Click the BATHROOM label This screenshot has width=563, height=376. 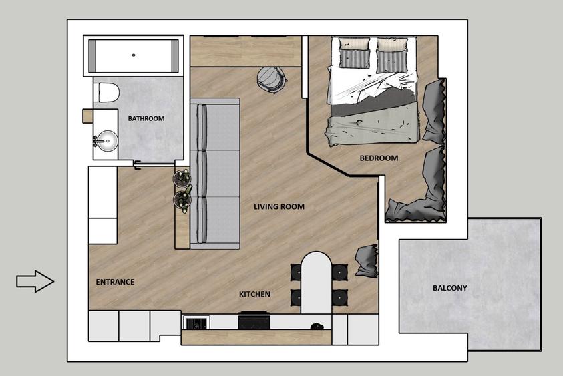(146, 118)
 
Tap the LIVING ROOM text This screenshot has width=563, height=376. (278, 207)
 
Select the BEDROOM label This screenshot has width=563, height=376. (379, 158)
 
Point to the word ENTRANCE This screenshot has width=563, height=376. (114, 282)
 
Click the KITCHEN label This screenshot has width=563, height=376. (254, 294)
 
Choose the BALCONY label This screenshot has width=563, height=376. (449, 289)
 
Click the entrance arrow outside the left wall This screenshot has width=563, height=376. (35, 281)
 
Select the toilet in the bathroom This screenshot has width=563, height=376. (106, 92)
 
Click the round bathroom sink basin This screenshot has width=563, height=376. (105, 140)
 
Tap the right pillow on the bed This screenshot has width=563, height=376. (389, 55)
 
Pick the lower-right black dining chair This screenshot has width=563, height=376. (339, 295)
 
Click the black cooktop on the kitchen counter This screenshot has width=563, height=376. (254, 322)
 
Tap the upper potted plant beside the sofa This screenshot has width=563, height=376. (182, 178)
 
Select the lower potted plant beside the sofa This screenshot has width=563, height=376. (182, 200)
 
